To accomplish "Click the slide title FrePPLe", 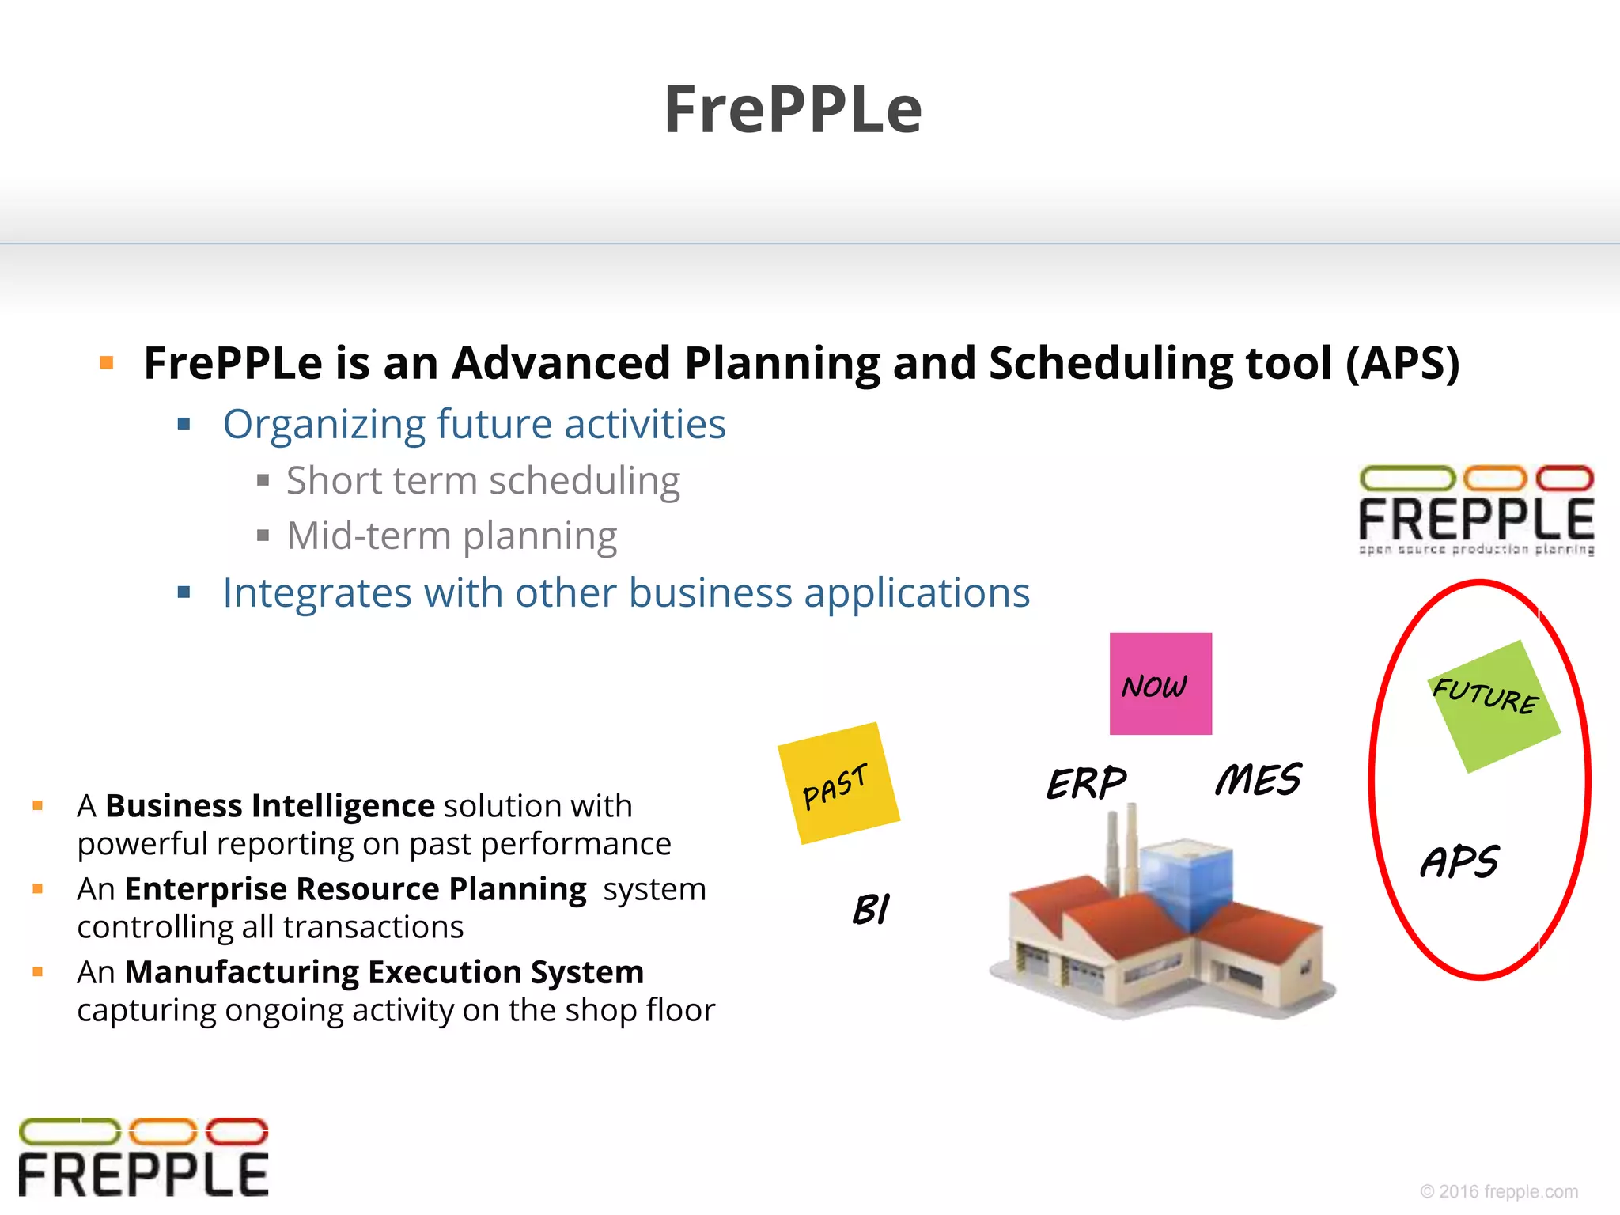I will [793, 110].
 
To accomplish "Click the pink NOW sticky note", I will [1160, 683].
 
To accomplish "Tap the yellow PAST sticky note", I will [838, 783].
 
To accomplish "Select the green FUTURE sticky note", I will [1493, 706].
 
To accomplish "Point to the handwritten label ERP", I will [1086, 782].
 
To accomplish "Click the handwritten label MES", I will [1258, 780].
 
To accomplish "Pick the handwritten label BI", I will [871, 909].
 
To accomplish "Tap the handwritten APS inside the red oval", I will [1459, 861].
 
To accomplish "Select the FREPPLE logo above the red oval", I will [1476, 510].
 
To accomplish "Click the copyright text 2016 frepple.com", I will [1499, 1191].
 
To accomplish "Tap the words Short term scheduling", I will [483, 481].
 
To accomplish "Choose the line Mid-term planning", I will [451, 536].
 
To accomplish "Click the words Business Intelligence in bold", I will [270, 806].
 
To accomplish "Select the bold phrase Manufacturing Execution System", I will [384, 972].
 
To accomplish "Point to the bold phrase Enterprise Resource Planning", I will [356, 889].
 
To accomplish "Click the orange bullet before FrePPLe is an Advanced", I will [107, 363].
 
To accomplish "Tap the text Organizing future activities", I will [474, 424].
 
